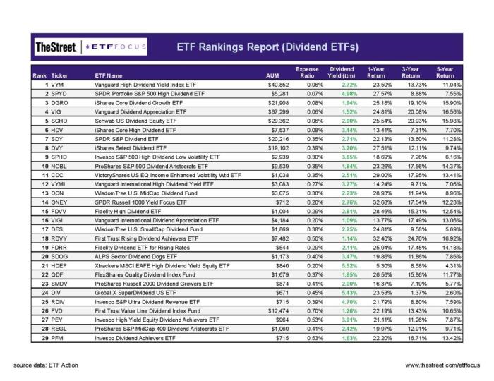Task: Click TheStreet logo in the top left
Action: tap(56, 47)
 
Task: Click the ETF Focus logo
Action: tap(117, 47)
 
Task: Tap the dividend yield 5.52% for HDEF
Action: tap(342, 267)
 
